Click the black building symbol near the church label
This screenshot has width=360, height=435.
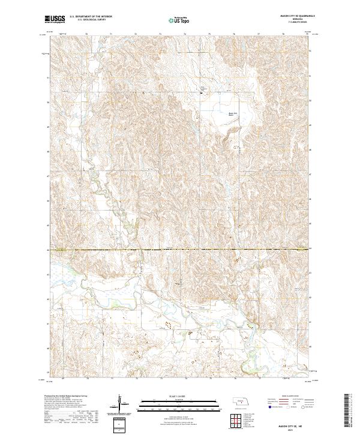201,92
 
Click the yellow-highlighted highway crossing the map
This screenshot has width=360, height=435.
180,249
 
